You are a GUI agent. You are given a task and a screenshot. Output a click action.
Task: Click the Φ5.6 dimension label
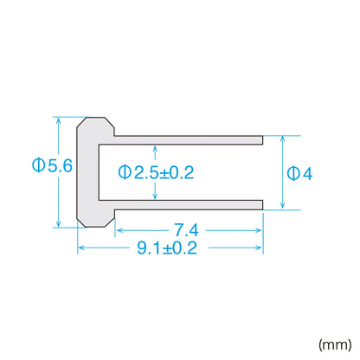click(x=52, y=165)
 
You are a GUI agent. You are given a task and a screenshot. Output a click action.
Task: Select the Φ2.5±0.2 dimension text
click(x=156, y=172)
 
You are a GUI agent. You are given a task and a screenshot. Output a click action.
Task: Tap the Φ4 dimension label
click(x=299, y=174)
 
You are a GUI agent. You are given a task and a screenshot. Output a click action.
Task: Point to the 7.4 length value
click(x=186, y=230)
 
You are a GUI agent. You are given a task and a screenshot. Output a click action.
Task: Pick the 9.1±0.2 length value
click(x=167, y=247)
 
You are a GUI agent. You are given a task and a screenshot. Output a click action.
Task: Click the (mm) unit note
click(x=335, y=344)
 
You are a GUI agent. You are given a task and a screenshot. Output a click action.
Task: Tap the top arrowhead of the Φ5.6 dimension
click(x=59, y=120)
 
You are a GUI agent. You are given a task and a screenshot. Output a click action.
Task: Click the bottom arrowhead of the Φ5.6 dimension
click(x=59, y=224)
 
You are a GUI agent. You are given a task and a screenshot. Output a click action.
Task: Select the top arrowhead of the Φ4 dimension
click(x=283, y=139)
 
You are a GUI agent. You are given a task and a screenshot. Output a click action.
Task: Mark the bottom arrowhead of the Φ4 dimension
click(x=283, y=206)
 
